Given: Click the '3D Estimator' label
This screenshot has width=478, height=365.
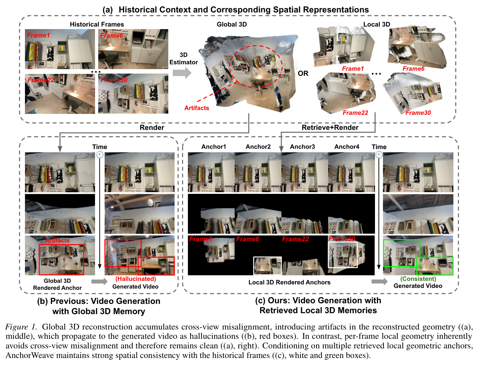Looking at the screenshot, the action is (184, 59).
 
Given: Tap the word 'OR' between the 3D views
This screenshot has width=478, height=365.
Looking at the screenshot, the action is (303, 73).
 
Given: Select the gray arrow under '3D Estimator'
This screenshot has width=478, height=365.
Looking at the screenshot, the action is (182, 73).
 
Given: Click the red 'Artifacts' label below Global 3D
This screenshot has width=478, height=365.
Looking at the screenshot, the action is (196, 108).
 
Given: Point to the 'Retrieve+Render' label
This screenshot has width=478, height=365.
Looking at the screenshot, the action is (330, 127).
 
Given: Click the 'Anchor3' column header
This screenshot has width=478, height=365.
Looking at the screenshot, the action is (302, 147).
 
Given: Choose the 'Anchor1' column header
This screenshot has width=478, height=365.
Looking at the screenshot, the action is (213, 147).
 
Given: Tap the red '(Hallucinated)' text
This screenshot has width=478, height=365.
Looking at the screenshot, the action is (135, 279).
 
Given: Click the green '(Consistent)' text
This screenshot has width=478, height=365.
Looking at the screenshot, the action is (418, 279).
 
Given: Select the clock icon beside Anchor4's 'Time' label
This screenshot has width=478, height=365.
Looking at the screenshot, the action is (379, 155).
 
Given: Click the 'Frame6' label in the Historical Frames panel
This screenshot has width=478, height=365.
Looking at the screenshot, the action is (111, 36).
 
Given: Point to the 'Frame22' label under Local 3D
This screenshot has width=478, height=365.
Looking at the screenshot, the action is (355, 113).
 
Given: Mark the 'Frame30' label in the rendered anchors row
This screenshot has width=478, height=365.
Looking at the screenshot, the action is (342, 239).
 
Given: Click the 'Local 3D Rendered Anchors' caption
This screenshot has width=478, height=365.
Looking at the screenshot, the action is (289, 282).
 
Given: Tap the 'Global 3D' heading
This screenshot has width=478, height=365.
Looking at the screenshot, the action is (232, 24).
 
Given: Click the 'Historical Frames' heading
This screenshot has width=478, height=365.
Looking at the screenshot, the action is (97, 24).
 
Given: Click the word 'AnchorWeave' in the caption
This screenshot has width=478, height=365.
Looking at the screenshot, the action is (30, 355).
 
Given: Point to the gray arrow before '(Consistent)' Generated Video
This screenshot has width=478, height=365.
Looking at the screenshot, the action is (379, 282).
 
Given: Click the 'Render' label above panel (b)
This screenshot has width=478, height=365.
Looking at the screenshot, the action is (152, 128).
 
